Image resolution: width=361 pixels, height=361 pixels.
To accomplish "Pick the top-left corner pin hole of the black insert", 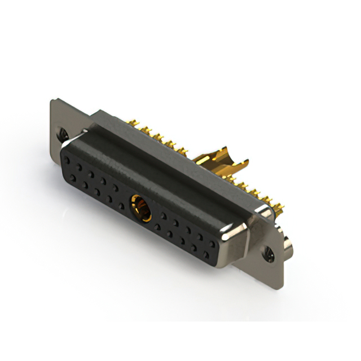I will tap(68, 160).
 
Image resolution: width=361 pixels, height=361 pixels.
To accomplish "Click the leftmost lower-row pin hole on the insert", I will tap(72, 177).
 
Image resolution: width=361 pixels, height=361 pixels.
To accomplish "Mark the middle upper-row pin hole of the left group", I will tap(91, 172).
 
